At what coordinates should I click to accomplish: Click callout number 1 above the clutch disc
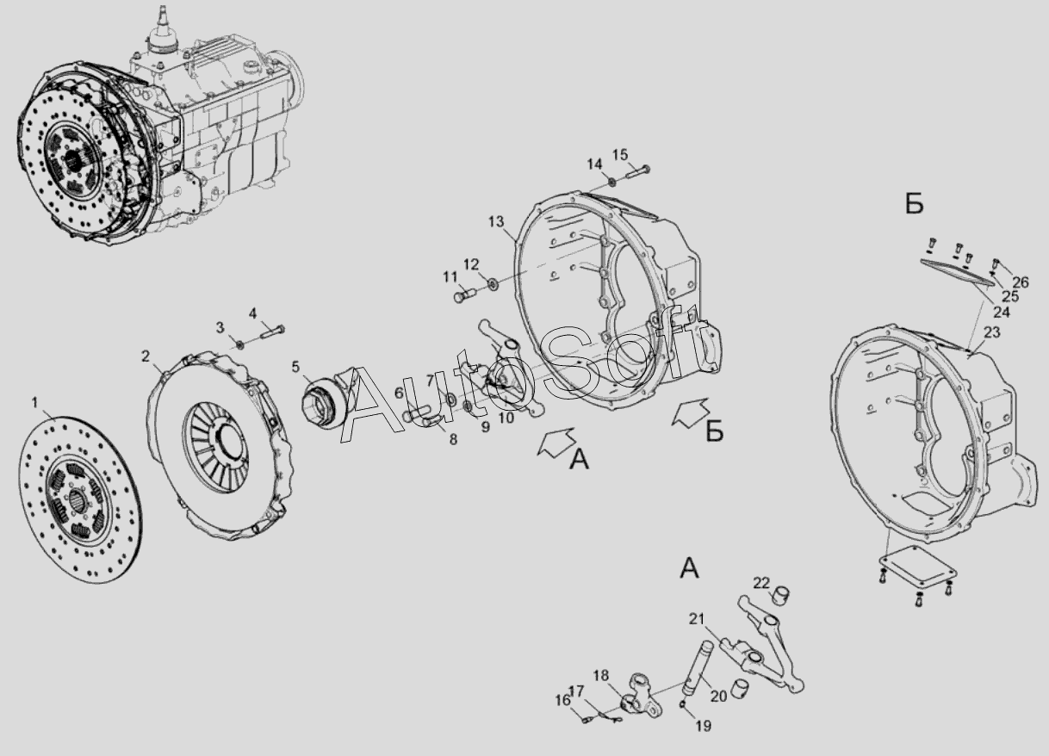34,402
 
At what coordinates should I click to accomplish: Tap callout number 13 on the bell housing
496,221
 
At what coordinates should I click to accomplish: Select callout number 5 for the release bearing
295,367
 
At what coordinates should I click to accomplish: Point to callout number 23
992,332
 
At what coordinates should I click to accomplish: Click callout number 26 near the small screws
1021,282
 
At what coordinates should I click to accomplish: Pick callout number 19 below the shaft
704,726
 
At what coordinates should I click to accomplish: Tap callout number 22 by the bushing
761,583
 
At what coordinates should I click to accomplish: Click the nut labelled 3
239,345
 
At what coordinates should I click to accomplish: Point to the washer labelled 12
492,283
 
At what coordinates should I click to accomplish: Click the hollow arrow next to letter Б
690,412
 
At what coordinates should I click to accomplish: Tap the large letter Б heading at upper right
914,205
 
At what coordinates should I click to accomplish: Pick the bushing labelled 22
780,595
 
